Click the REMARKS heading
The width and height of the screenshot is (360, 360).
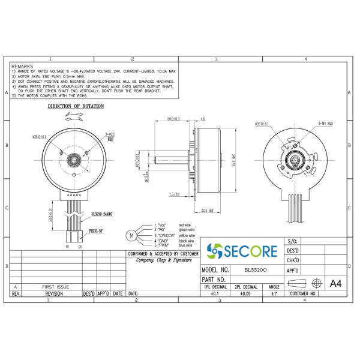click(23, 66)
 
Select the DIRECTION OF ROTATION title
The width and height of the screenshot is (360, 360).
click(76, 106)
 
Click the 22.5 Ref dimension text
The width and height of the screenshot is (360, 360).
click(208, 210)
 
